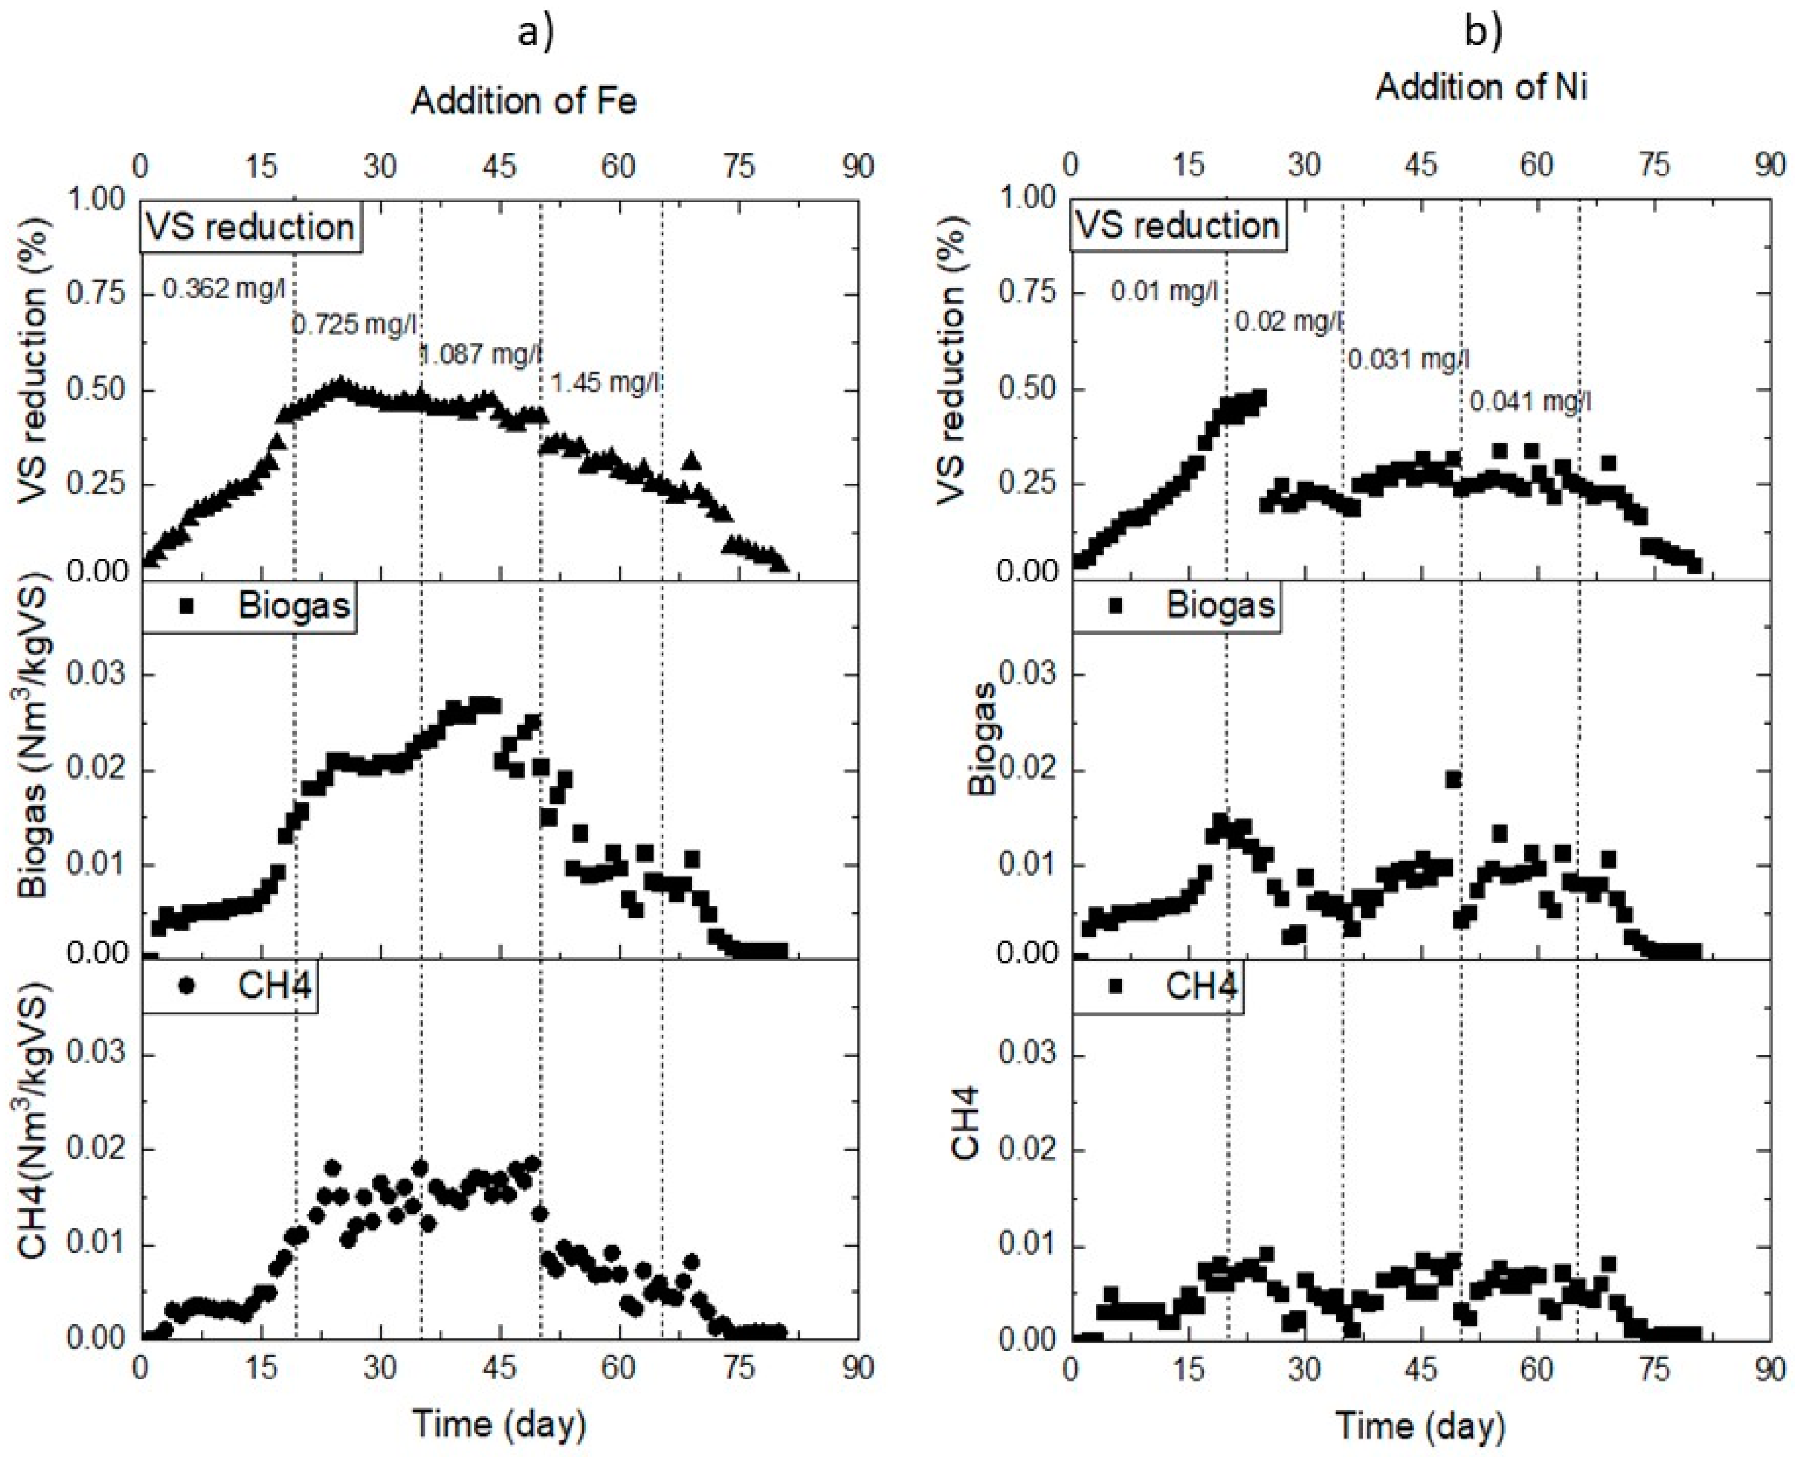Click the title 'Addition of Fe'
(524, 101)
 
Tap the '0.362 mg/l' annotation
(224, 290)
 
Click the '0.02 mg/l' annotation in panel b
(1288, 322)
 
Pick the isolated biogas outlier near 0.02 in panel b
(1453, 779)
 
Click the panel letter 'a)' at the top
(536, 34)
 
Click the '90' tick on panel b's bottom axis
(1770, 1368)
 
